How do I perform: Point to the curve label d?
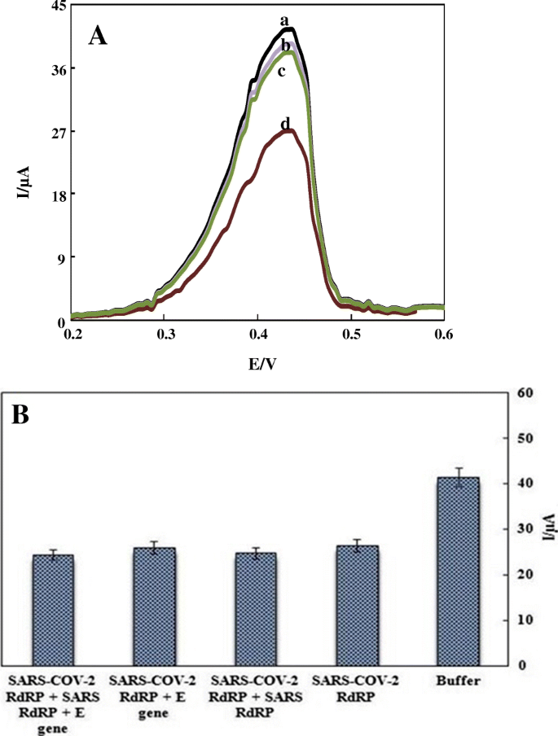[285, 123]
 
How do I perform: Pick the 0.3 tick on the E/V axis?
[165, 335]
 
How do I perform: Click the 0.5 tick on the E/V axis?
[351, 335]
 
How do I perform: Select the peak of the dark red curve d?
[288, 131]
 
